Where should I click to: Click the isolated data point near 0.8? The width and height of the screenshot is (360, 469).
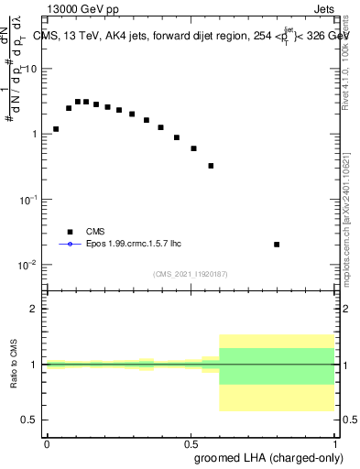tap(277, 245)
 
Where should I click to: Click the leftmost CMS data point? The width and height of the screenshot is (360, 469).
tap(56, 129)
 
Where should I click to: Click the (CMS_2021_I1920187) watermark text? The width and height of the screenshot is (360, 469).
tap(191, 274)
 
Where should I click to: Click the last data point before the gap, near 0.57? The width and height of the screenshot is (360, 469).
tap(211, 166)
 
